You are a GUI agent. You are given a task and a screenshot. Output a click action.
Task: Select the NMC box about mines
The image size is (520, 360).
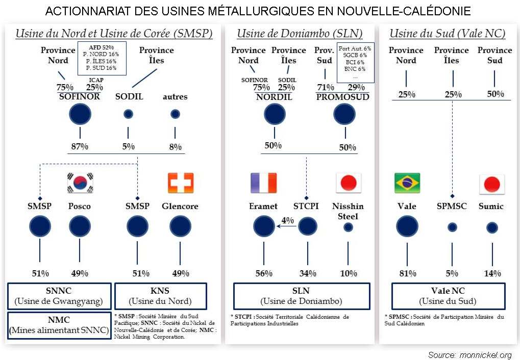pos(59,325)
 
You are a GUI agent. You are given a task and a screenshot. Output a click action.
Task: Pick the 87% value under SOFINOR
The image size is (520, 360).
pos(80,147)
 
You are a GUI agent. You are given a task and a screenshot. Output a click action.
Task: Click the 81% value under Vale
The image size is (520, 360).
pos(407,273)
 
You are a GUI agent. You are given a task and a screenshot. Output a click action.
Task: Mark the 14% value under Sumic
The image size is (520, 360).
pos(492,273)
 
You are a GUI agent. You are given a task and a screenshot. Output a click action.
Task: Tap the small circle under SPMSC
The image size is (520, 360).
pos(452,227)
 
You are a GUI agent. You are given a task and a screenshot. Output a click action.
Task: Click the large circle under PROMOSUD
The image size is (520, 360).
pos(344,114)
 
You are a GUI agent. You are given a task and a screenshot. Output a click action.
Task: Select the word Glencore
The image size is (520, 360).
pos(180,207)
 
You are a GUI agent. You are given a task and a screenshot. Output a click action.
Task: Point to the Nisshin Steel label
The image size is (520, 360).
pos(349,211)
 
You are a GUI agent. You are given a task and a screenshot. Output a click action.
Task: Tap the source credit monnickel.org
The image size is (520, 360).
pos(470,354)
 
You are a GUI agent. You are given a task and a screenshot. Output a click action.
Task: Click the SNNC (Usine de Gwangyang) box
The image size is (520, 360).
pos(59,296)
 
